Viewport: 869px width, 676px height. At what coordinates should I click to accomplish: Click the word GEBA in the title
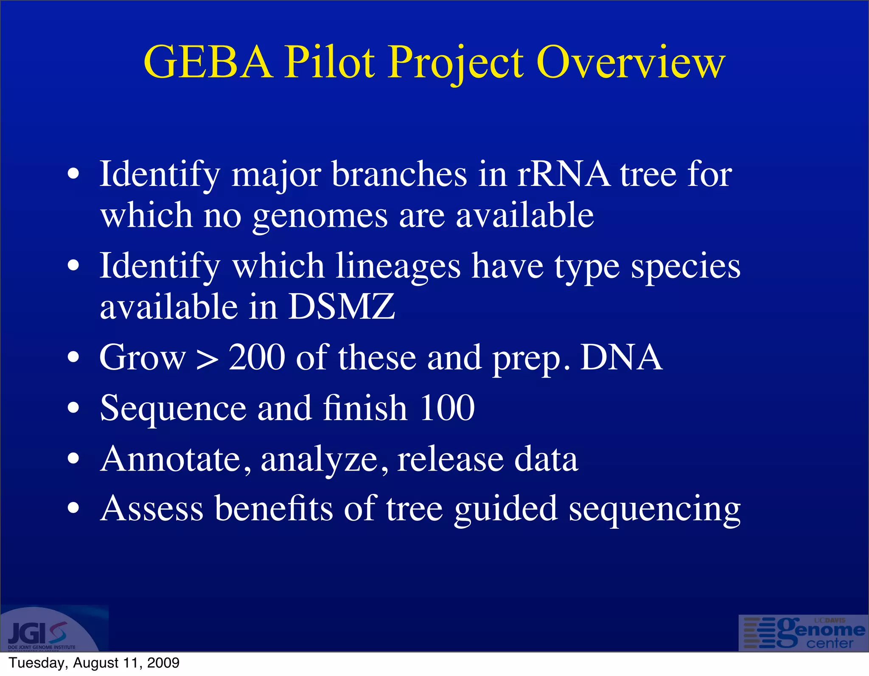(x=208, y=63)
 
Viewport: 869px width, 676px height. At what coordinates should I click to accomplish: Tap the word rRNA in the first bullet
(x=563, y=175)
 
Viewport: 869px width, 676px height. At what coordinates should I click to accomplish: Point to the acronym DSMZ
(x=341, y=306)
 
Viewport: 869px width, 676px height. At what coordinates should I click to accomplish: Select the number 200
(x=257, y=357)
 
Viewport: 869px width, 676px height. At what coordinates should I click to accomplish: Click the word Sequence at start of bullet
(x=173, y=409)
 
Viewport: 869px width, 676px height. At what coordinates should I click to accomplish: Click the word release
(x=450, y=459)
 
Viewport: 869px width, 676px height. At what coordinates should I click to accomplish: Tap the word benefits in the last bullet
(x=274, y=508)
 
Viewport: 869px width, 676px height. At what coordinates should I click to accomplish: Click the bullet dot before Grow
(x=73, y=358)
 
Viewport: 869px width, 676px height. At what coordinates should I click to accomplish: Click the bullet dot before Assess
(x=73, y=508)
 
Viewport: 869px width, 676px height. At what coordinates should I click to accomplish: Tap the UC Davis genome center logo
(x=803, y=633)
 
